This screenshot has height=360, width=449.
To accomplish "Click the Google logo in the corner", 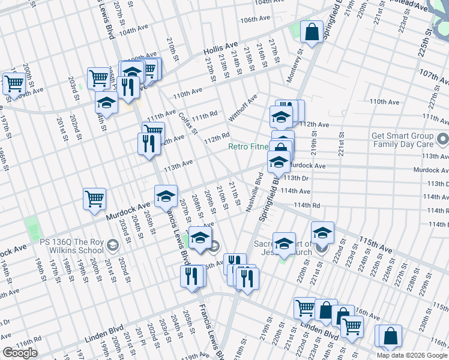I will point(20,353).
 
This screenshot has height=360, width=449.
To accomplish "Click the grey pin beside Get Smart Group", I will point(443,140).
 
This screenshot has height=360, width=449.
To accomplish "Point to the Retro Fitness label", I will point(248,147).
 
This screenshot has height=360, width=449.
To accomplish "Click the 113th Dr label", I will point(296,178).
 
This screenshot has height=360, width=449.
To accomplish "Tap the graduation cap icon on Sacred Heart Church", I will point(284,243).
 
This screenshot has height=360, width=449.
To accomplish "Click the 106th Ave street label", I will point(253,20).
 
